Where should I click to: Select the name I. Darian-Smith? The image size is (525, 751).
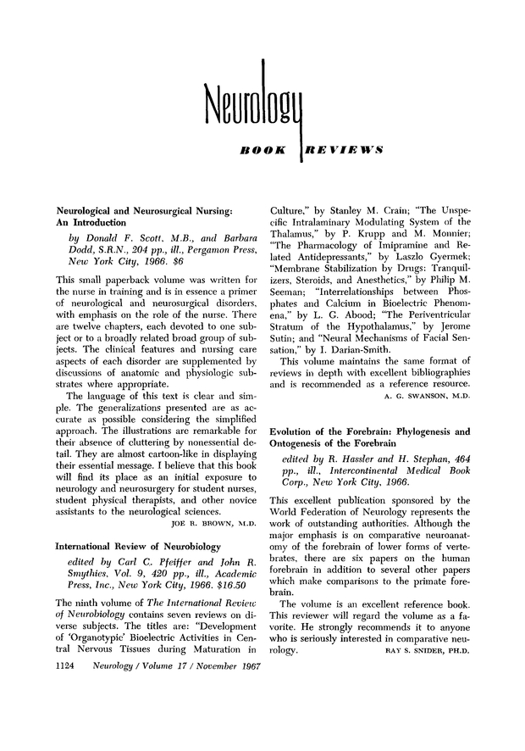tap(347, 350)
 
